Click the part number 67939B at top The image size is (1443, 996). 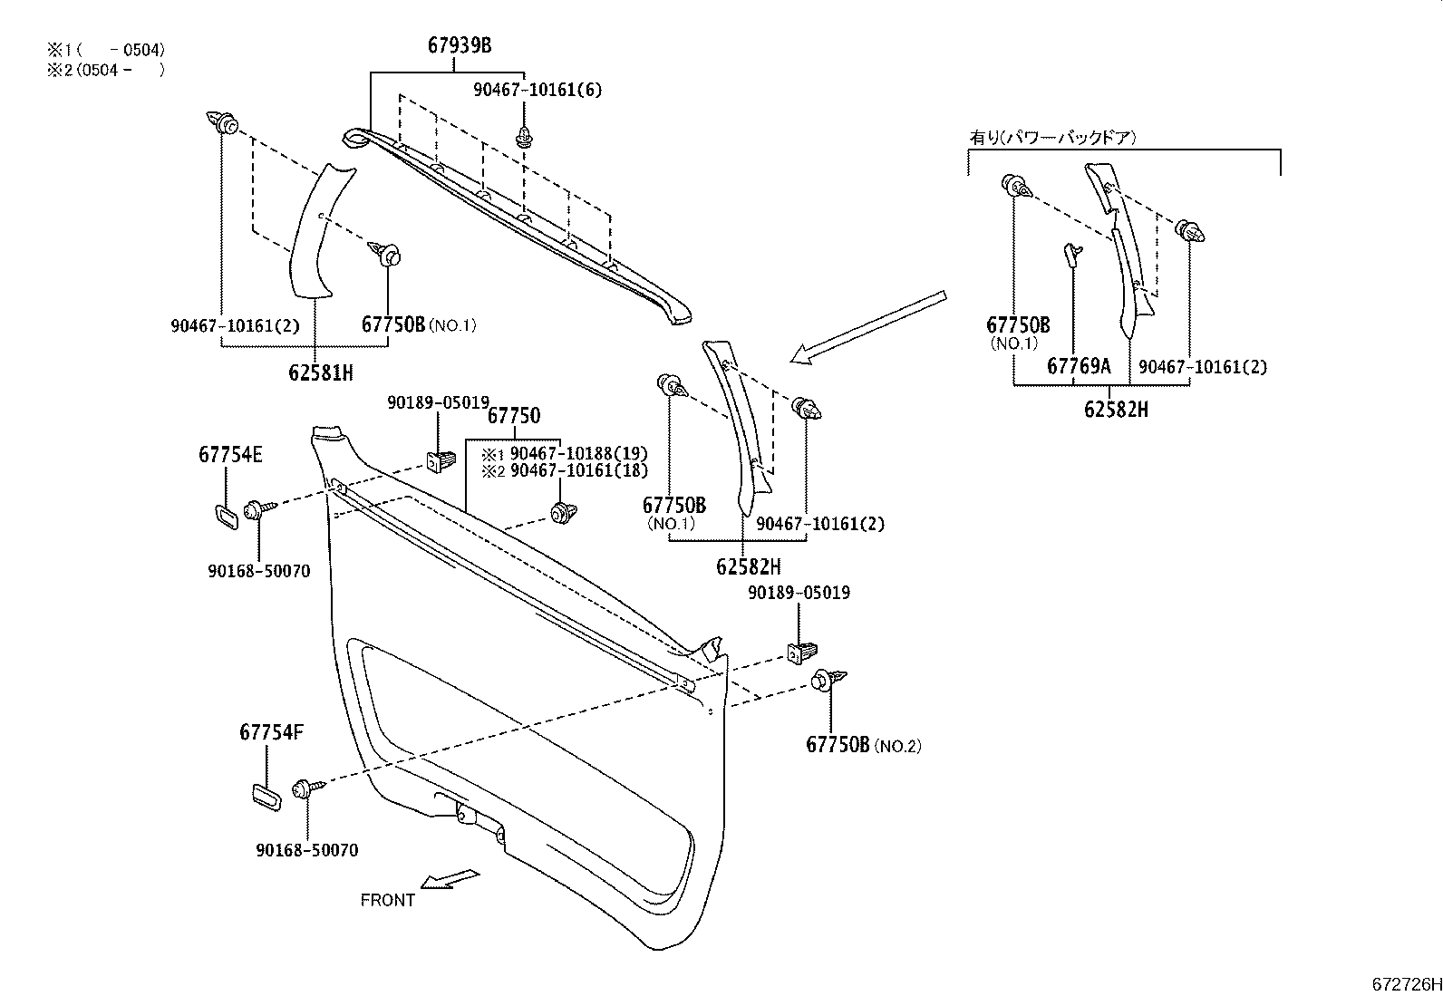(x=460, y=45)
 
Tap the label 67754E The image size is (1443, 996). (x=230, y=455)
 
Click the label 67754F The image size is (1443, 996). (x=271, y=731)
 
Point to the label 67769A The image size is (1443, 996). (x=1079, y=366)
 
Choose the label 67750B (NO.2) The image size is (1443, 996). (x=863, y=745)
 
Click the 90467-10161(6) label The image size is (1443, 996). (x=537, y=90)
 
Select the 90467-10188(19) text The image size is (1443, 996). (x=578, y=453)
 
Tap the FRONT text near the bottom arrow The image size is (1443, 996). (x=387, y=900)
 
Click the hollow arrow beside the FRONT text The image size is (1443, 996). (x=450, y=878)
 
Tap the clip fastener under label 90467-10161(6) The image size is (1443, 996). (x=525, y=137)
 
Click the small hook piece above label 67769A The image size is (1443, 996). (x=1071, y=255)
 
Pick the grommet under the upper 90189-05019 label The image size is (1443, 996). (x=441, y=461)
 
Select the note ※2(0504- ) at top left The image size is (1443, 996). (x=106, y=69)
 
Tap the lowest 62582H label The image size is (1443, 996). (x=748, y=567)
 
